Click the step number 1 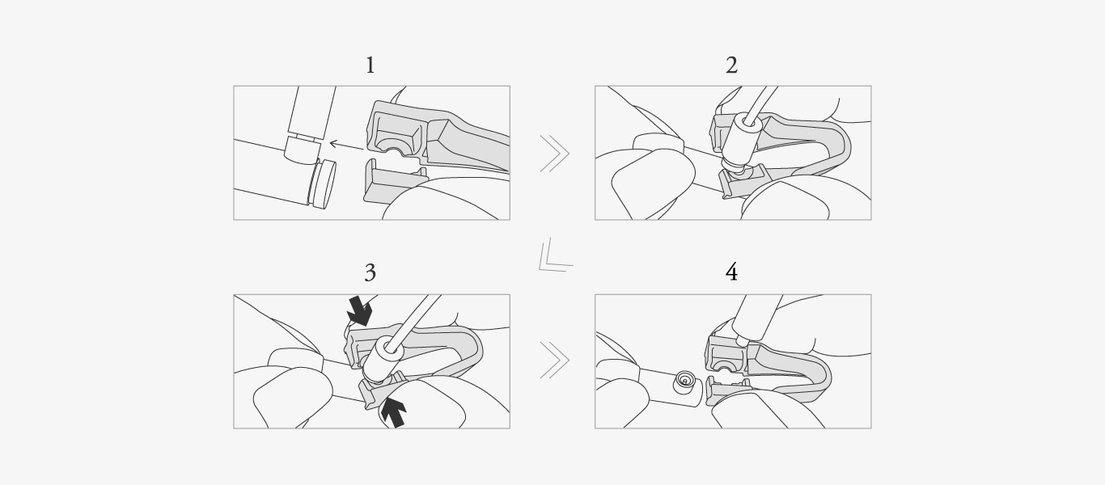point(370,65)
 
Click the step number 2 point(731,65)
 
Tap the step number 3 point(370,272)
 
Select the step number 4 point(731,272)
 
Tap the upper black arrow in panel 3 point(360,310)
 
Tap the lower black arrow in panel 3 point(394,412)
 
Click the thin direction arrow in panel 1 point(346,145)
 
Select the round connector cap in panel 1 point(322,183)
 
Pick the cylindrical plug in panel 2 point(741,141)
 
